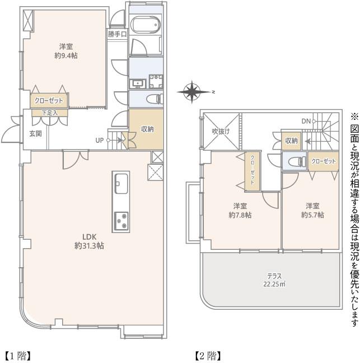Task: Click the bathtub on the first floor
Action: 146,25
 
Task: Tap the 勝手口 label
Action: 118,35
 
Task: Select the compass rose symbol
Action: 193,92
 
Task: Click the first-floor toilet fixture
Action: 155,99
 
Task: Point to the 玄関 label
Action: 35,133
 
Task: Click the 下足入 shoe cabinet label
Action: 49,113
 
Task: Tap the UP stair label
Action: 100,140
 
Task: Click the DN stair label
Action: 306,121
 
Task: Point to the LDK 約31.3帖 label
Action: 89,241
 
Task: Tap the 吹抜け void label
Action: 221,132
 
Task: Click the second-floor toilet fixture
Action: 298,161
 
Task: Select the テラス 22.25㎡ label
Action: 274,280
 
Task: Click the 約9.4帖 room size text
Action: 66,56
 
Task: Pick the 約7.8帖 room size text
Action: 240,215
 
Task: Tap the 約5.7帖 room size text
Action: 312,215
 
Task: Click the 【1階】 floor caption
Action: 18,356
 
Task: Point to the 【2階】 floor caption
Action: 208,356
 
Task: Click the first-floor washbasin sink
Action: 137,83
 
